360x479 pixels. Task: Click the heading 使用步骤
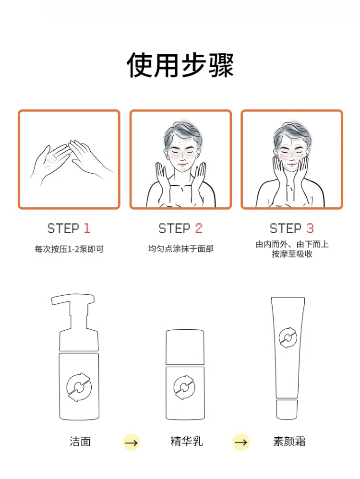[x=180, y=65]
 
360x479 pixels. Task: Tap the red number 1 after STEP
[x=87, y=228]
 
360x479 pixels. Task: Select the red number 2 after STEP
[x=199, y=228]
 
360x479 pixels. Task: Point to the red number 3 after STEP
[x=310, y=228]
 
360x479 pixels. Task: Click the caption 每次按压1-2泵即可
[x=69, y=249]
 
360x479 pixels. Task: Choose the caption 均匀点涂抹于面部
[x=180, y=249]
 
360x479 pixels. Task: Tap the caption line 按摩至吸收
[x=292, y=254]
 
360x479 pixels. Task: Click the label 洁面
[x=80, y=442]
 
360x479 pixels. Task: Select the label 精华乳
[x=187, y=442]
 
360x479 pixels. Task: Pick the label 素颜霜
[x=289, y=442]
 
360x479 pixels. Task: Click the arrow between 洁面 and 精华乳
[x=132, y=443]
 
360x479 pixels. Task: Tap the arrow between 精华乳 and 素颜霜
[x=241, y=443]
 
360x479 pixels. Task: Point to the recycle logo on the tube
[x=288, y=337]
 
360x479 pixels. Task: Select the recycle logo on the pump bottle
[x=79, y=387]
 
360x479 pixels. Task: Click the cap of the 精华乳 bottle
[x=185, y=347]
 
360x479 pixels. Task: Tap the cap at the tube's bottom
[x=287, y=409]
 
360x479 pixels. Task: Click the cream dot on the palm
[x=51, y=160]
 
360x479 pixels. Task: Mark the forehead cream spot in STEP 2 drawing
[x=182, y=143]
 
